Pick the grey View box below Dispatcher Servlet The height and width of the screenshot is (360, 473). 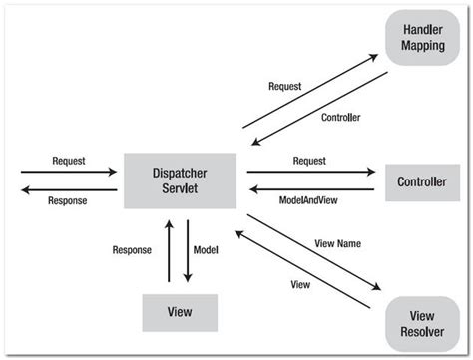coord(181,312)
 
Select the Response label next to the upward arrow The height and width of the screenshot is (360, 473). coord(133,250)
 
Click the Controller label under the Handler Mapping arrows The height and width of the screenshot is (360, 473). coord(341,117)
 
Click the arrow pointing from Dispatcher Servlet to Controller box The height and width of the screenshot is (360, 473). coord(309,172)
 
